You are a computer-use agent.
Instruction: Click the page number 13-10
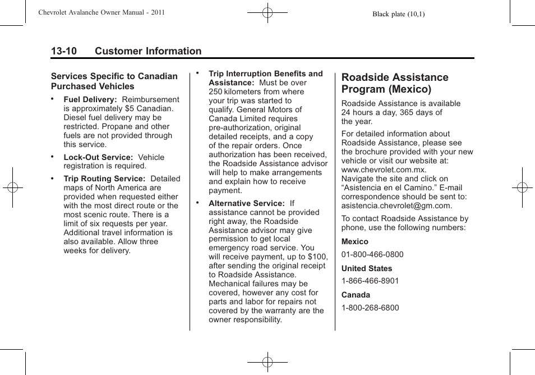(63, 51)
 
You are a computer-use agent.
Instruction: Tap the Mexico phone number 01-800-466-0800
(372, 254)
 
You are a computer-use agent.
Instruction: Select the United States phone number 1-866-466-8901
(370, 281)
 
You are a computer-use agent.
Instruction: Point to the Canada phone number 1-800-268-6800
(370, 308)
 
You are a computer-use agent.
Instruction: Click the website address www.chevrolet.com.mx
(384, 170)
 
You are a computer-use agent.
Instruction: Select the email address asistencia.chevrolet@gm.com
(396, 205)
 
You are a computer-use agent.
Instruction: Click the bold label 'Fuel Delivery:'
(90, 99)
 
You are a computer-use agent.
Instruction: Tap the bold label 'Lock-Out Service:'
(98, 157)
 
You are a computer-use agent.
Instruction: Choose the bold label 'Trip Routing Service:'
(104, 179)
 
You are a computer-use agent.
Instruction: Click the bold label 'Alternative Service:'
(247, 203)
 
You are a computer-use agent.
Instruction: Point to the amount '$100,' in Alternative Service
(317, 257)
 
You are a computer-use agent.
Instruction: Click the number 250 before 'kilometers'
(215, 92)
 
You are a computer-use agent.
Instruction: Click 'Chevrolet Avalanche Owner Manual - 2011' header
(102, 12)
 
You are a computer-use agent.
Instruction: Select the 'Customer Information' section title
(148, 51)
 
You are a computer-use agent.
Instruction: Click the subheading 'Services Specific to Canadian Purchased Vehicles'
(114, 81)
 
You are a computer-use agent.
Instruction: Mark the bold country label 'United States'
(367, 268)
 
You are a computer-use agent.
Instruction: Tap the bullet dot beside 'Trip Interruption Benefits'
(197, 72)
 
